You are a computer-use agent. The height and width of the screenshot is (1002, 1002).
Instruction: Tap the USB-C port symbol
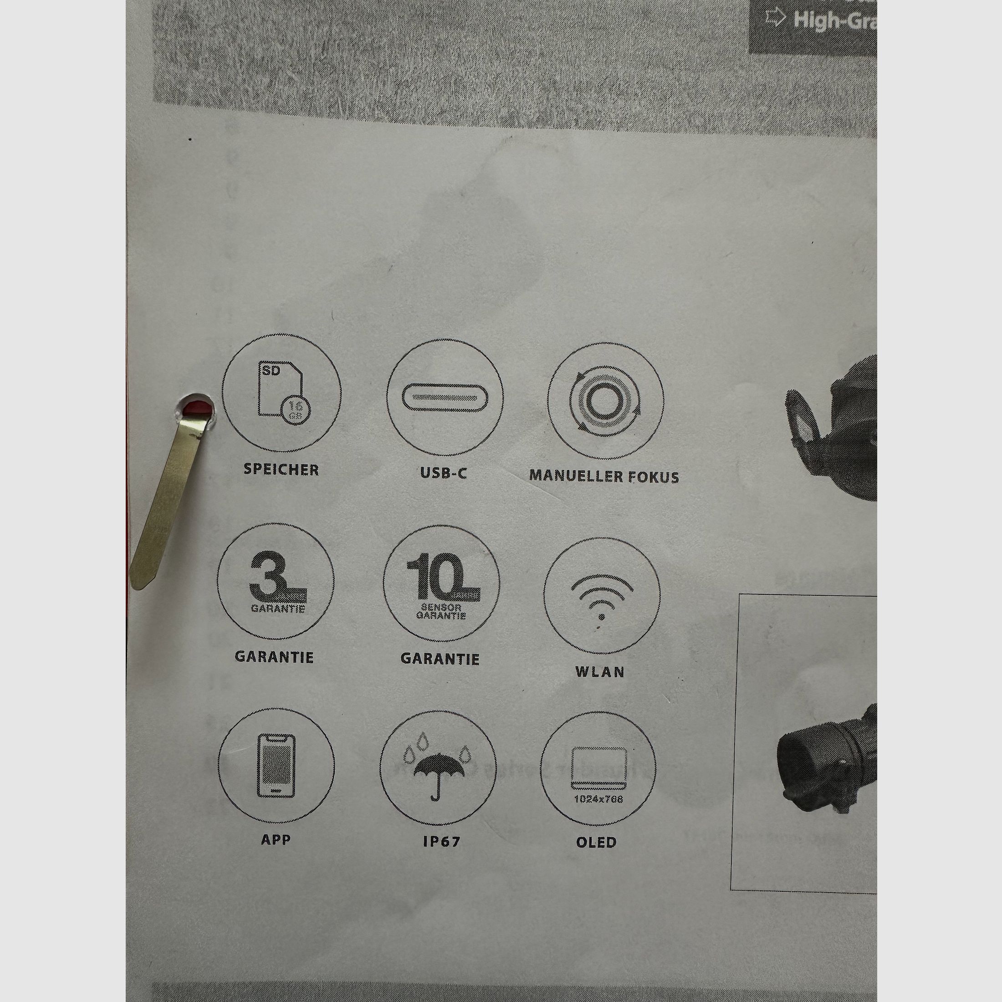point(445,398)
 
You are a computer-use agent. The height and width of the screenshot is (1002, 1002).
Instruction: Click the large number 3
point(268,575)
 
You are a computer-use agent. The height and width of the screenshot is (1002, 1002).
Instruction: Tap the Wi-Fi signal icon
point(602,597)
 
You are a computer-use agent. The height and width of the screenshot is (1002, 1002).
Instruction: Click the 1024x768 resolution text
point(598,799)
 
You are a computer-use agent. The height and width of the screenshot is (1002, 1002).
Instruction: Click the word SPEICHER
point(281,470)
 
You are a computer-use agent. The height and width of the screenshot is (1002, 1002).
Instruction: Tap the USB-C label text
point(444,473)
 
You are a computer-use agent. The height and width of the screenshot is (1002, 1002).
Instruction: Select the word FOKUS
point(653,476)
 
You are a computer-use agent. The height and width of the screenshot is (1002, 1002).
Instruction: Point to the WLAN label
point(599,672)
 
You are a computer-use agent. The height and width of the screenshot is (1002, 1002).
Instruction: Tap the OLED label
point(597,842)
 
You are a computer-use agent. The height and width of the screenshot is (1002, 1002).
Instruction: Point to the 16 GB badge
point(296,410)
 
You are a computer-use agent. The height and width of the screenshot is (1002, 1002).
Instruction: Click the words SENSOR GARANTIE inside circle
point(441,612)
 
